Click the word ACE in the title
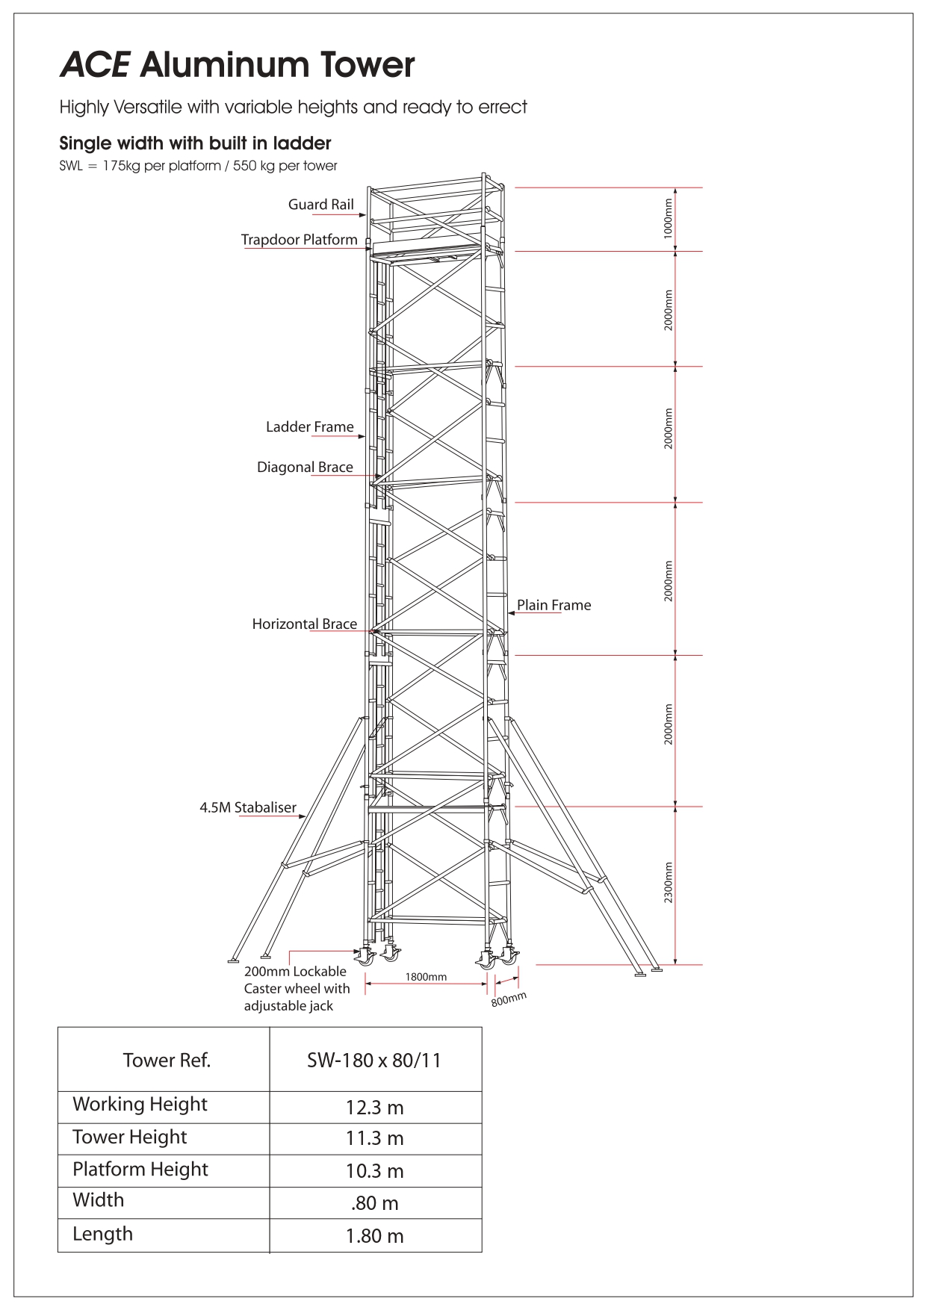click(x=94, y=65)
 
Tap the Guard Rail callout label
click(x=321, y=205)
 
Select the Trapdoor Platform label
click(x=299, y=240)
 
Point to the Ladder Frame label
click(x=310, y=427)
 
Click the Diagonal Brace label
click(x=305, y=468)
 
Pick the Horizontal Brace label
click(x=304, y=624)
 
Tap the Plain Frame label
click(x=554, y=605)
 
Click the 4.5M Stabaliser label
click(x=248, y=807)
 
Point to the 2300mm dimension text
click(x=669, y=883)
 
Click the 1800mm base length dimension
click(x=426, y=977)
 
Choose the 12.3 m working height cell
click(x=374, y=1108)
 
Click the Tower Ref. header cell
click(x=167, y=1060)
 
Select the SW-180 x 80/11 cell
click(x=374, y=1061)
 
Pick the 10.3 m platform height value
click(x=374, y=1171)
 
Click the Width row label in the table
click(x=99, y=1200)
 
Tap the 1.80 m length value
click(x=374, y=1236)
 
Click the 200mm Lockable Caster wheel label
click(x=297, y=989)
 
